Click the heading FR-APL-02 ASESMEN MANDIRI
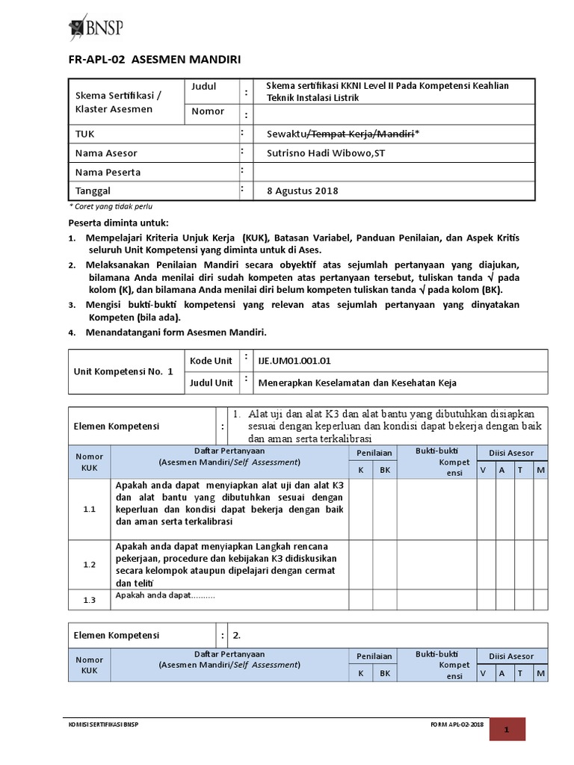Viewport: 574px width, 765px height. point(155,60)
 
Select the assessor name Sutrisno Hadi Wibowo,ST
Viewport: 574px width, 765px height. point(323,153)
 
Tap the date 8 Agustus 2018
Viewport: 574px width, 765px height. point(303,191)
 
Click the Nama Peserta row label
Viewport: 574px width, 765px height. point(108,172)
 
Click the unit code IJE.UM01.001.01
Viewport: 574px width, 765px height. point(294,361)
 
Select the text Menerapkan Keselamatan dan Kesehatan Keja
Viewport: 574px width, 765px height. point(357,383)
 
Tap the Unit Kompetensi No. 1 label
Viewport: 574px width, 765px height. point(123,371)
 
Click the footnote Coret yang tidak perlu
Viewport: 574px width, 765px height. point(111,205)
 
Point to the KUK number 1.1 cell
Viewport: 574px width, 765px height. point(90,509)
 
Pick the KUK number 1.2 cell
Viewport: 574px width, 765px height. point(90,565)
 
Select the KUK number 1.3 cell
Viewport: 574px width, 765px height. point(90,600)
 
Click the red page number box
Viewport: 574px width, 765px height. point(507,729)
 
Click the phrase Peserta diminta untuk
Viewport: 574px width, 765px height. point(119,223)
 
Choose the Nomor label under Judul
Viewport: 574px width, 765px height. point(208,111)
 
